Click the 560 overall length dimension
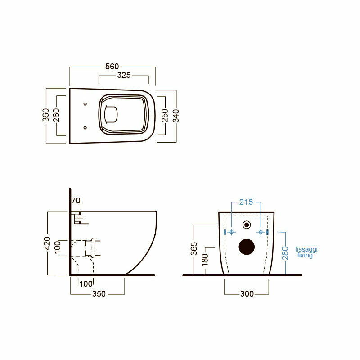tap(112, 67)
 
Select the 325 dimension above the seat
tap(124, 75)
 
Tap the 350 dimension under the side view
tap(99, 294)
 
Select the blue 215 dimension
tap(246, 202)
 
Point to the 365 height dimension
tap(193, 249)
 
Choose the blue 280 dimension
tap(285, 253)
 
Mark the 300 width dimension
tap(247, 294)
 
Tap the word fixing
tap(305, 255)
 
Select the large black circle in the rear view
tap(246, 246)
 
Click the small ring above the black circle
tap(246, 225)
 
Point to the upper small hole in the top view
tap(85, 104)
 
